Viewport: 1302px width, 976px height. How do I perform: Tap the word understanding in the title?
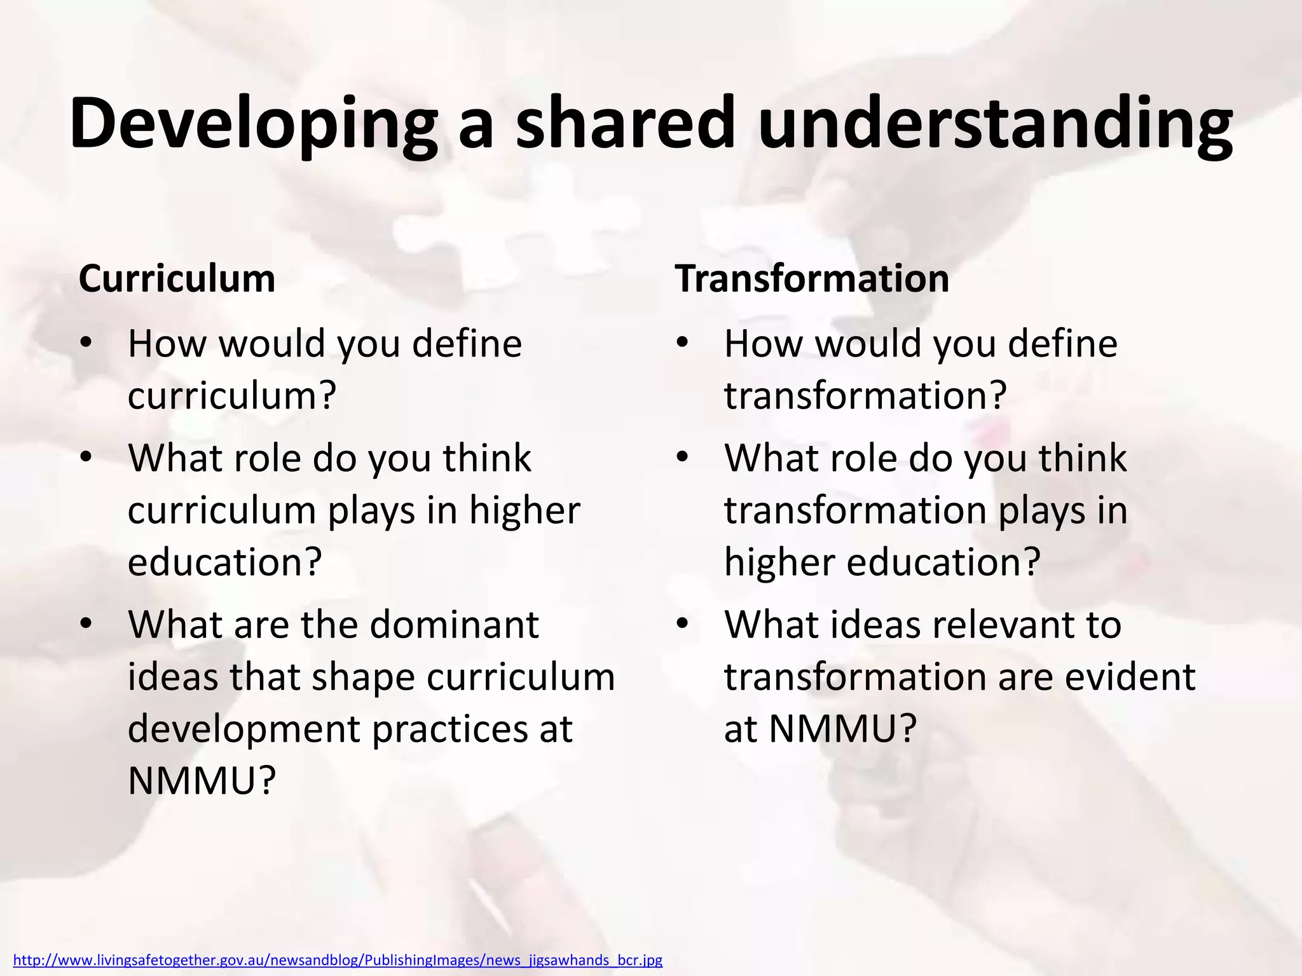click(x=995, y=124)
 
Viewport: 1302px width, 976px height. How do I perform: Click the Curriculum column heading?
click(x=177, y=278)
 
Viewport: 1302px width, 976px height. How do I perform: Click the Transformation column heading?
click(x=812, y=278)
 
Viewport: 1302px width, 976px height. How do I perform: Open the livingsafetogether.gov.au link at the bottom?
click(x=338, y=960)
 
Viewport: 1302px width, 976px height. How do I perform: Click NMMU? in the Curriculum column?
click(x=202, y=781)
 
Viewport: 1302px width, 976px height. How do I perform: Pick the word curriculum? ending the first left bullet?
click(x=231, y=396)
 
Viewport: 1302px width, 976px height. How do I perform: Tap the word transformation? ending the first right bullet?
click(x=865, y=396)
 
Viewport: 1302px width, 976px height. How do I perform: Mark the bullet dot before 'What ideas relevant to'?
click(x=683, y=623)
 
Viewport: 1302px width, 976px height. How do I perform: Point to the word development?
click(x=243, y=729)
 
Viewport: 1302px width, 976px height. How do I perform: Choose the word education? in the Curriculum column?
click(x=224, y=562)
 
